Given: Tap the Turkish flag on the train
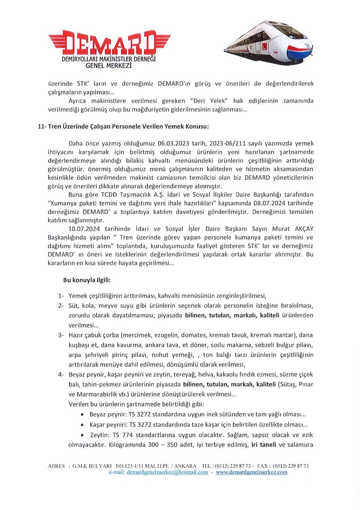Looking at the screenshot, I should pyautogui.click(x=264, y=47).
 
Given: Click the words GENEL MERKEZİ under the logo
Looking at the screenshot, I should pyautogui.click(x=109, y=66).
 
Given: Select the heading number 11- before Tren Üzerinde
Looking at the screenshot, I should pyautogui.click(x=42, y=126).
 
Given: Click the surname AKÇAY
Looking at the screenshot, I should pyautogui.click(x=302, y=229).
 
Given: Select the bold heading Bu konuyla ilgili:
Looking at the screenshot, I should pyautogui.click(x=87, y=280).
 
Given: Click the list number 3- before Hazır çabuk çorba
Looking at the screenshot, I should pyautogui.click(x=61, y=335).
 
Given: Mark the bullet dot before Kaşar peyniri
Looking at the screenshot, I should pyautogui.click(x=83, y=425).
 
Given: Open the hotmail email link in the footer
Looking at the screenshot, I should pyautogui.click(x=167, y=472).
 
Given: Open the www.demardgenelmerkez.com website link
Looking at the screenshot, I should pyautogui.click(x=251, y=472).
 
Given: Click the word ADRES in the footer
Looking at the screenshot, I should pyautogui.click(x=56, y=466).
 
